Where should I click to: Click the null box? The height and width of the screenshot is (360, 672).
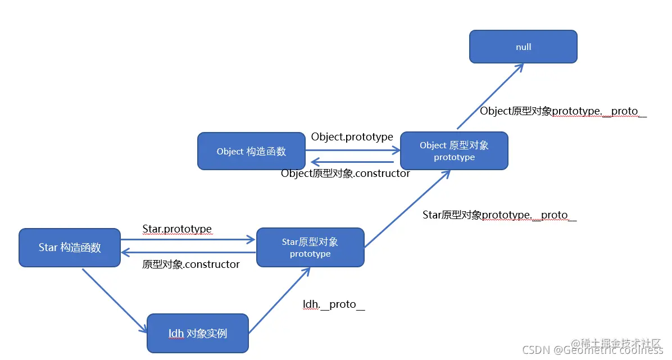pyautogui.click(x=523, y=47)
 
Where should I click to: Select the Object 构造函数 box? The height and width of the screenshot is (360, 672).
pyautogui.click(x=251, y=151)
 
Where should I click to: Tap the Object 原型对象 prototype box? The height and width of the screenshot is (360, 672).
pyautogui.click(x=454, y=151)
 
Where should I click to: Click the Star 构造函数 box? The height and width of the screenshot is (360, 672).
pyautogui.click(x=70, y=247)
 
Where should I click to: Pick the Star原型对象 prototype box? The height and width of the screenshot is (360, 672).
pyautogui.click(x=310, y=248)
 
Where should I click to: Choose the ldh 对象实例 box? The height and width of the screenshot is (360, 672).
pyautogui.click(x=197, y=333)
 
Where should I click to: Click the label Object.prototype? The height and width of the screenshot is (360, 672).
pyautogui.click(x=352, y=137)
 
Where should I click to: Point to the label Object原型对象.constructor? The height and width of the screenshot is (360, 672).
pyautogui.click(x=345, y=174)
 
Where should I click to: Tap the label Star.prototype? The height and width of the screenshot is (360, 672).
pyautogui.click(x=177, y=229)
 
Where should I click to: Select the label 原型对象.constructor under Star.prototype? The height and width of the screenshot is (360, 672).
pyautogui.click(x=191, y=264)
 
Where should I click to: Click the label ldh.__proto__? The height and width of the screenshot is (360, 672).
pyautogui.click(x=334, y=304)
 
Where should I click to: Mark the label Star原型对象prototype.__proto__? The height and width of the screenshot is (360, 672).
pyautogui.click(x=500, y=215)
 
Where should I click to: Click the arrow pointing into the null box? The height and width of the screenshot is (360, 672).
pyautogui.click(x=490, y=96)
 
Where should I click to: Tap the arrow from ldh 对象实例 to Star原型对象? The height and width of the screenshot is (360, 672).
pyautogui.click(x=279, y=300)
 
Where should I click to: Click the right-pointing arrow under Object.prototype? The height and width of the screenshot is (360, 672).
pyautogui.click(x=352, y=150)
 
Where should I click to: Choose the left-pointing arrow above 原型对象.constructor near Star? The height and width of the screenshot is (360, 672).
pyautogui.click(x=188, y=252)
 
